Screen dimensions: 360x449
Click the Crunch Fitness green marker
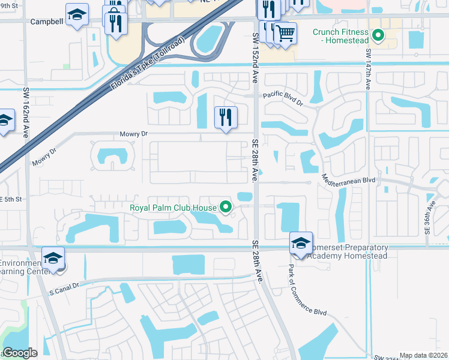(x=378, y=35)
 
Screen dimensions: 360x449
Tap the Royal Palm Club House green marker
(x=226, y=208)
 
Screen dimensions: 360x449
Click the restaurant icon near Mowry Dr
(x=226, y=116)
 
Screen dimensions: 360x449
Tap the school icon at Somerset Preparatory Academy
(x=301, y=243)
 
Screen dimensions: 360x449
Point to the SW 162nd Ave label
(x=26, y=114)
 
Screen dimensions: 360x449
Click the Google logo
(x=19, y=353)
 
